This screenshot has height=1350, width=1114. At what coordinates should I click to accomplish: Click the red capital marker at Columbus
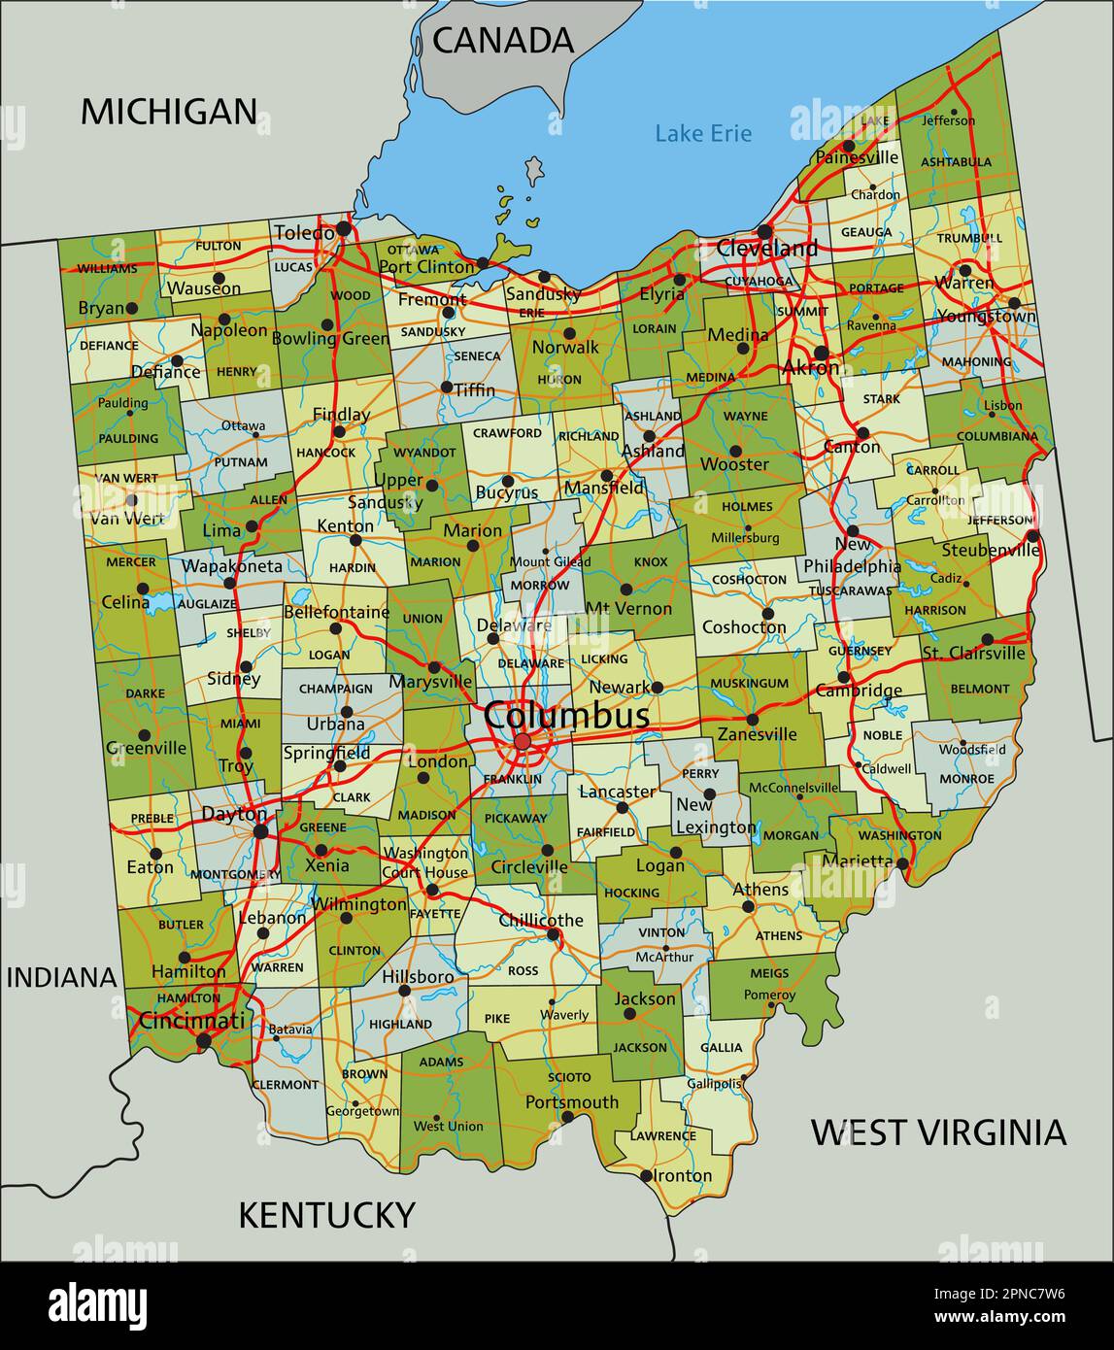coord(523,742)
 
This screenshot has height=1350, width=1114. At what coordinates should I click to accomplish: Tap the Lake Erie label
coord(702,133)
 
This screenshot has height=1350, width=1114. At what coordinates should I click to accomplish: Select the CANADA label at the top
coord(502,40)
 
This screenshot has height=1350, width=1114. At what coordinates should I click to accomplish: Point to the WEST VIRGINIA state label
coord(938,1132)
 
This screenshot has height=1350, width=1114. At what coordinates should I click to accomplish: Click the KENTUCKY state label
coord(326,1215)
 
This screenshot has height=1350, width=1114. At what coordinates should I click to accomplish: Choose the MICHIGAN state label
coord(168,112)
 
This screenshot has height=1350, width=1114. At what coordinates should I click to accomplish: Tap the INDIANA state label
coord(62,977)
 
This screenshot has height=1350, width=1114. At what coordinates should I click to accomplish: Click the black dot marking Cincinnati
coord(203,1040)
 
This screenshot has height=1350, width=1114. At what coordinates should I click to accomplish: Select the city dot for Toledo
coord(343,230)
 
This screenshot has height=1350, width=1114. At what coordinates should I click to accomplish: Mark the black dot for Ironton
coord(646,1175)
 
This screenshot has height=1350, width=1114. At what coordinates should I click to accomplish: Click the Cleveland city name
coord(766,249)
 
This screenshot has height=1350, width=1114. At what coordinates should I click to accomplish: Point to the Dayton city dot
coord(260,831)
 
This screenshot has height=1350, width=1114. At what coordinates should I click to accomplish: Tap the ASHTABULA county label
coord(956,162)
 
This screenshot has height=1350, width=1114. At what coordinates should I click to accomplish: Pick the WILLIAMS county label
coord(107,268)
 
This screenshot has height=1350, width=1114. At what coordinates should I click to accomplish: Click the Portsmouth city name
coord(571,1102)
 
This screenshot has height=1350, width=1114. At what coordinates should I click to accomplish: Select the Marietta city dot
coord(902,862)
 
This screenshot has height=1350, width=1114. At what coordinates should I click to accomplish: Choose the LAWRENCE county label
coord(662,1135)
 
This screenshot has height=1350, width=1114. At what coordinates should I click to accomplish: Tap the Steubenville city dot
coord(1032,536)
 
